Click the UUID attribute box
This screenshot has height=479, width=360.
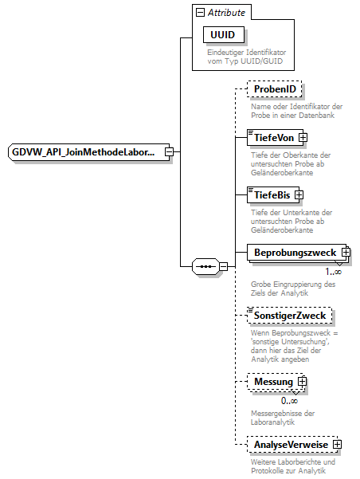point(224,35)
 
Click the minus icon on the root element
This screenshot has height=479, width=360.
point(169,151)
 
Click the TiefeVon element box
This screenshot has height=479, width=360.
point(271,138)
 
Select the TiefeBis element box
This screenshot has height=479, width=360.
point(269,194)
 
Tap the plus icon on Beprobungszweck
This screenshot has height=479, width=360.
point(346,253)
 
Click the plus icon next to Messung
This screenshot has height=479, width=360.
point(302,382)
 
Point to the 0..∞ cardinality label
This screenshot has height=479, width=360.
point(289,400)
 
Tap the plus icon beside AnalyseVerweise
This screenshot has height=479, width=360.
point(338,444)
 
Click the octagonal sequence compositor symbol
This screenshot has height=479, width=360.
point(205,266)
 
